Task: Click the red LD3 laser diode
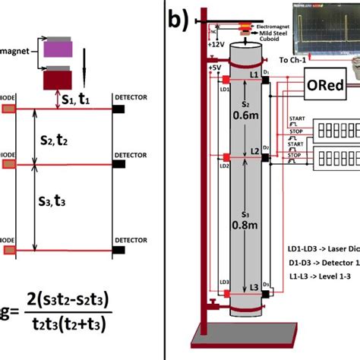coord(226,291)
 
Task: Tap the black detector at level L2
coord(265,158)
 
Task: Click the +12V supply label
coord(215,46)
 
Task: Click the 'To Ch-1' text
coord(295,58)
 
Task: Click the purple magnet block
coord(56,49)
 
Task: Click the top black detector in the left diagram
coord(118,109)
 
